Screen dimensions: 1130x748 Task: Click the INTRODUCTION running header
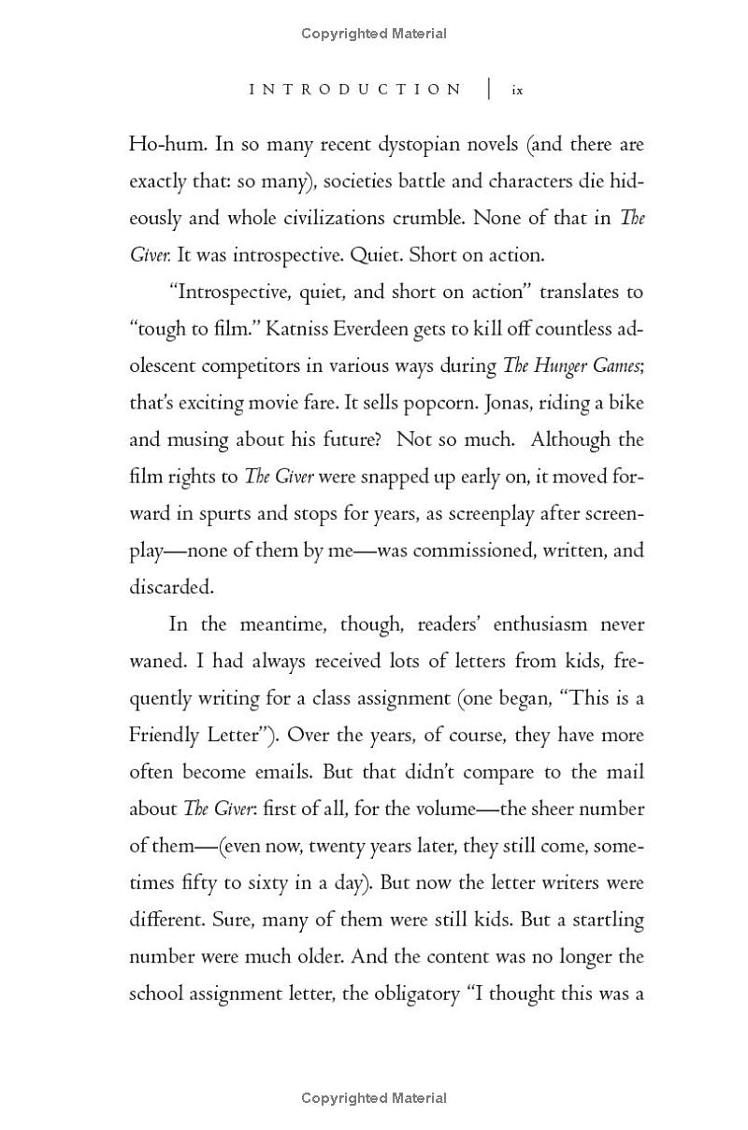355,90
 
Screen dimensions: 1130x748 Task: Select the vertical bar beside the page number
488,90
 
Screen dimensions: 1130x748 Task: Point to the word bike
625,403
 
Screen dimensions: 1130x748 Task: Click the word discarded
170,587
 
